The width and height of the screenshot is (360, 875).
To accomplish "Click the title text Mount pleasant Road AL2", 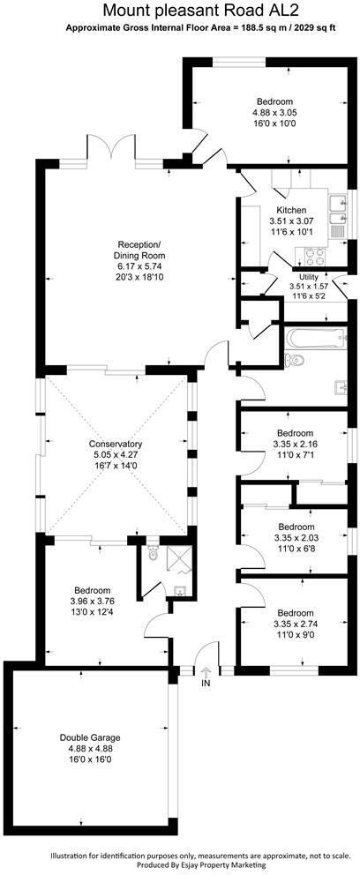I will tap(180, 11).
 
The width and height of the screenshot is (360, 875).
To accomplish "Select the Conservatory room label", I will tap(116, 444).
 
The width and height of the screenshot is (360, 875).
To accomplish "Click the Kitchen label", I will tap(290, 210).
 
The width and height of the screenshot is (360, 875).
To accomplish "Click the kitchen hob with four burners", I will tap(314, 256).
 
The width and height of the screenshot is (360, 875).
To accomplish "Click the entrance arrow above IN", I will tap(206, 672).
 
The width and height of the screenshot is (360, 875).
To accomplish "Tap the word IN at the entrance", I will tap(206, 684).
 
